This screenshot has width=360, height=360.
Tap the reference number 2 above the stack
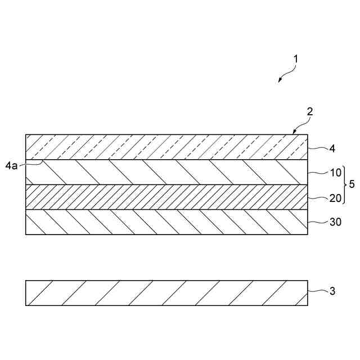pyautogui.click(x=309, y=112)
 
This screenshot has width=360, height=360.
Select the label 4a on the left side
pyautogui.click(x=11, y=165)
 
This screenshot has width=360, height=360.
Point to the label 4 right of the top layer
pyautogui.click(x=332, y=149)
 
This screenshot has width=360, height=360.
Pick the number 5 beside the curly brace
pyautogui.click(x=352, y=184)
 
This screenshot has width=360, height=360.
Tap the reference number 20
pyautogui.click(x=334, y=197)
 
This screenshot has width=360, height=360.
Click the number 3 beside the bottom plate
pyautogui.click(x=332, y=291)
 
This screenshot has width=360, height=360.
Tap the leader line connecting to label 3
pyautogui.click(x=317, y=291)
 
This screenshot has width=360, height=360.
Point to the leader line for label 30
pyautogui.click(x=317, y=222)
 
